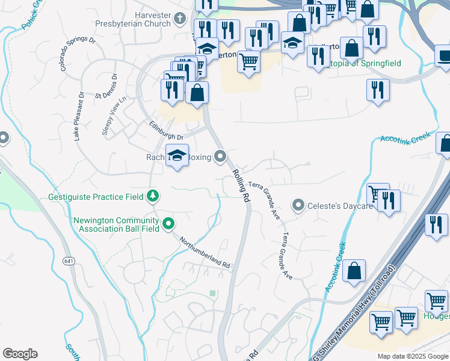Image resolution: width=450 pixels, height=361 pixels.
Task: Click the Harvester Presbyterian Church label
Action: click(x=133, y=19)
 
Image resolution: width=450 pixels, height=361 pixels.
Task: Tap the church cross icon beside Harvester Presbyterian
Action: click(x=179, y=19)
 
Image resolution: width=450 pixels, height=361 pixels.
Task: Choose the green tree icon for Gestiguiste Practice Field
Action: click(x=153, y=196)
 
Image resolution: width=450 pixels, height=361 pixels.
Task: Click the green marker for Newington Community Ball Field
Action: click(x=169, y=224)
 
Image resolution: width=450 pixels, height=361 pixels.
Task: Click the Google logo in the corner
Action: click(x=20, y=354)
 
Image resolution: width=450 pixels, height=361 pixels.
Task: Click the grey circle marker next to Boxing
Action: click(x=221, y=157)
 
